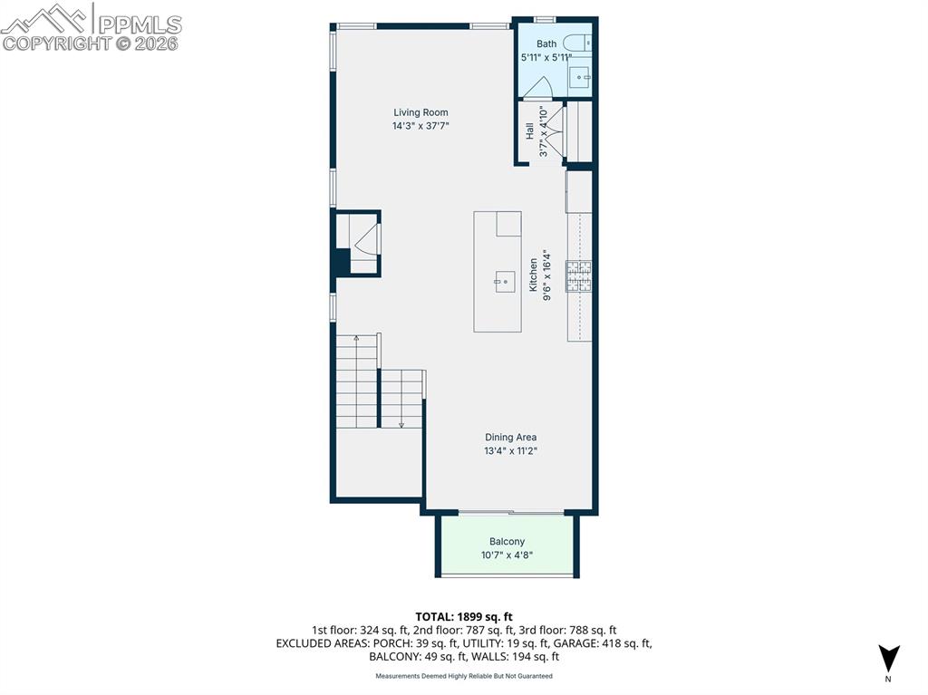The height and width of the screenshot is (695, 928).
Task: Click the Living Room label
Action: [420, 113]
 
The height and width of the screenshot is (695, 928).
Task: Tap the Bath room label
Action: [546, 43]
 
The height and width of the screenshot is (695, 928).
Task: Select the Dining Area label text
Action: [510, 437]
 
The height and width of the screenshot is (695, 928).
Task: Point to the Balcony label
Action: [507, 542]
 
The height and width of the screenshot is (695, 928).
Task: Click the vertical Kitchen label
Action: [534, 275]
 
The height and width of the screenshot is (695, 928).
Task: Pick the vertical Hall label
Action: [529, 131]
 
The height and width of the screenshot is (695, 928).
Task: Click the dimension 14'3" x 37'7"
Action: [420, 127]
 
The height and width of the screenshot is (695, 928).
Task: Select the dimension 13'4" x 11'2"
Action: [510, 450]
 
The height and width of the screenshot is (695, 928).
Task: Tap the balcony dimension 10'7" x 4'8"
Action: [507, 555]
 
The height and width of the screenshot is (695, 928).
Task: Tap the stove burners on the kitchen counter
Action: [579, 276]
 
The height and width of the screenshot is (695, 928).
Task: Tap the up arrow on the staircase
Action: [356, 340]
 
